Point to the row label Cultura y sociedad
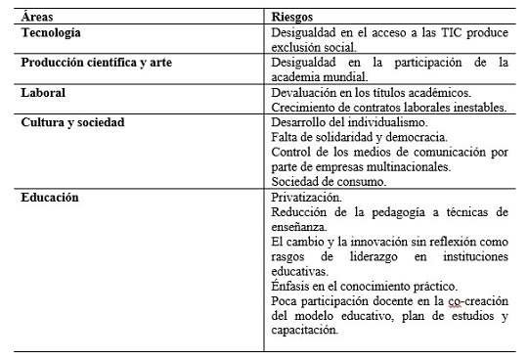pyautogui.click(x=81, y=122)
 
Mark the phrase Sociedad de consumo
pyautogui.click(x=329, y=182)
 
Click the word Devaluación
pyautogui.click(x=307, y=92)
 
